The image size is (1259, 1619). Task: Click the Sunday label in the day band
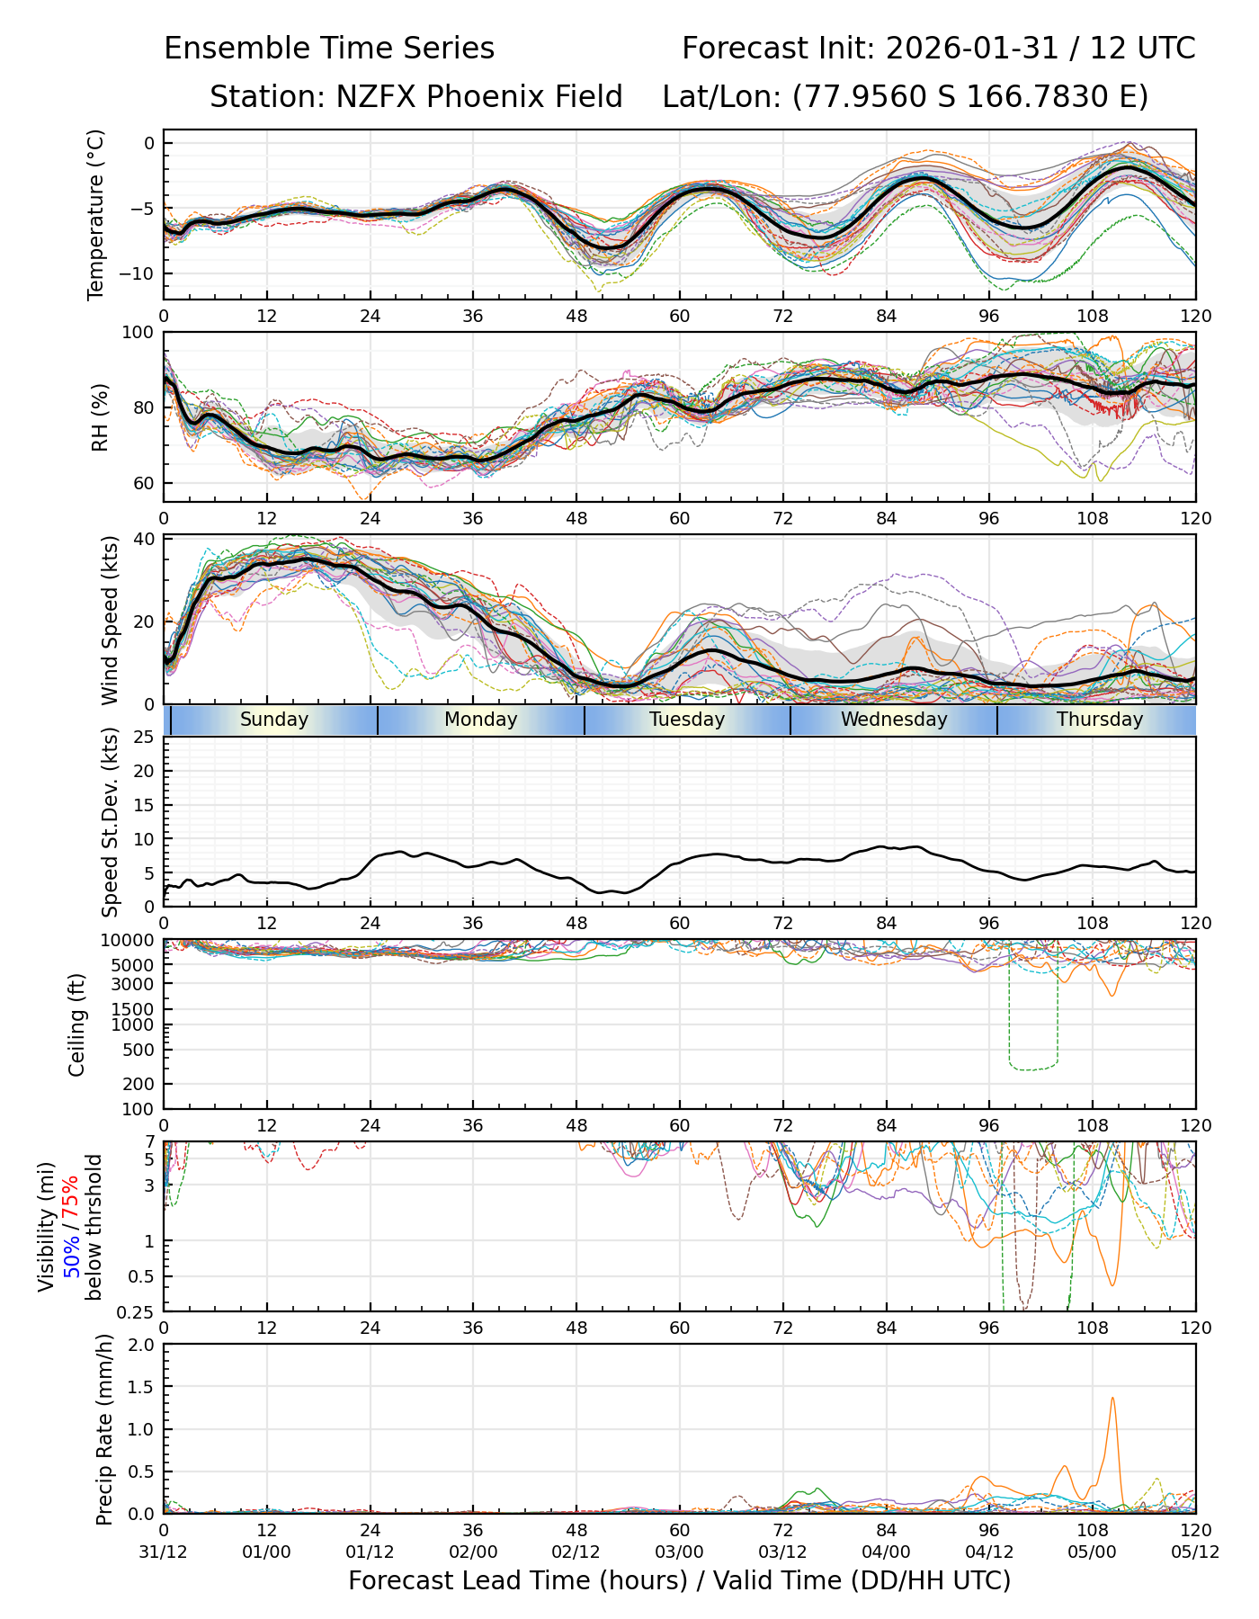pyautogui.click(x=274, y=720)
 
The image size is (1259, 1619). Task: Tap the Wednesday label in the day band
pyautogui.click(x=894, y=720)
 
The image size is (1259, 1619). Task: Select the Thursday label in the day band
pyautogui.click(x=1100, y=720)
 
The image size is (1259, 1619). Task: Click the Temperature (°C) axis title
pyautogui.click(x=96, y=214)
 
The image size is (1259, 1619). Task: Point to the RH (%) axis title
pyautogui.click(x=100, y=416)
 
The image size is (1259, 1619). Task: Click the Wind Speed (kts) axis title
pyautogui.click(x=110, y=620)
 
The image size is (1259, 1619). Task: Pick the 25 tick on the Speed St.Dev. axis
pyautogui.click(x=144, y=738)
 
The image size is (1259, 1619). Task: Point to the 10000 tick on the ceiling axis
pyautogui.click(x=129, y=941)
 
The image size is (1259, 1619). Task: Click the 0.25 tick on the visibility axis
pyautogui.click(x=137, y=1310)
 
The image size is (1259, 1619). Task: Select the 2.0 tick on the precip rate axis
pyautogui.click(x=142, y=1345)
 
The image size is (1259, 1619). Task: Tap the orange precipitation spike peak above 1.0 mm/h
pyautogui.click(x=1112, y=1398)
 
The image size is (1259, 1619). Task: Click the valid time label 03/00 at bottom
pyautogui.click(x=679, y=1553)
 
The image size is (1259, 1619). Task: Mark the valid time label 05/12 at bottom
pyautogui.click(x=1194, y=1553)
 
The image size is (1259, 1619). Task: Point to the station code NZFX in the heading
pyautogui.click(x=377, y=97)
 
